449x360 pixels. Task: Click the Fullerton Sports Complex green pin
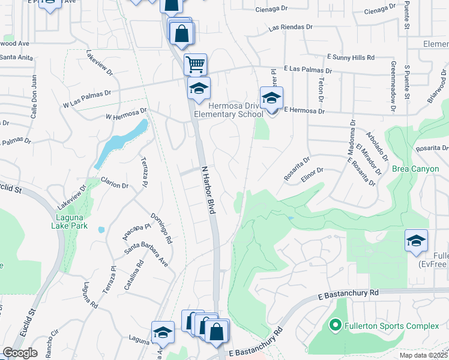click(336, 326)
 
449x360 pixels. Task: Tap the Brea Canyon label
click(415, 169)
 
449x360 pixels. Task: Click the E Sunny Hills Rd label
click(351, 57)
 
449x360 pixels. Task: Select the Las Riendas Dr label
click(291, 28)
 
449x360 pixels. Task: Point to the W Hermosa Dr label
click(126, 113)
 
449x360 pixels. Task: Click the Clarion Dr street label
click(114, 185)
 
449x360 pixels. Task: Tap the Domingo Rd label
click(161, 228)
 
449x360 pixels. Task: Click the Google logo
click(20, 353)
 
